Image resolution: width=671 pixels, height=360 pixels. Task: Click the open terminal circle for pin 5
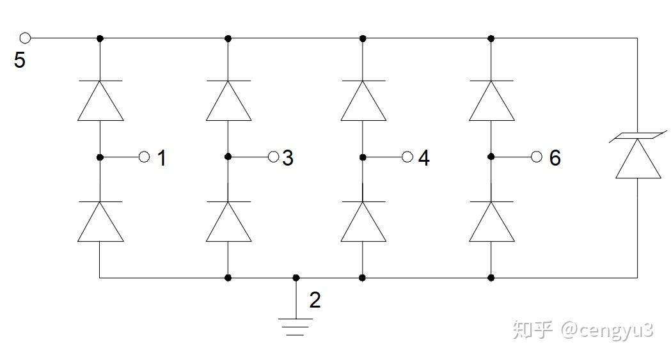pos(26,38)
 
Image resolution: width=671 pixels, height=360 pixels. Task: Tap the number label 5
pos(20,61)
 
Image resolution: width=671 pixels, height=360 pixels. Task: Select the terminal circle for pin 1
pos(144,157)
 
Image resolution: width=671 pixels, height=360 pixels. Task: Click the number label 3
pos(288,158)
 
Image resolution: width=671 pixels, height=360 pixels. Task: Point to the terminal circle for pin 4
pos(407,157)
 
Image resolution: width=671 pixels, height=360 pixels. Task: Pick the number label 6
pos(555,158)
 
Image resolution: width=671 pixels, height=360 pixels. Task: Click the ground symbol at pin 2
pos(296,326)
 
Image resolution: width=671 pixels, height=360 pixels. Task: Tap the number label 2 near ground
pos(315,300)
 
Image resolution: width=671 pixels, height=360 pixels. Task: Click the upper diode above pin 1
pos(100,100)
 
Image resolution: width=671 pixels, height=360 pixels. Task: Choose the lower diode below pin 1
pos(100,221)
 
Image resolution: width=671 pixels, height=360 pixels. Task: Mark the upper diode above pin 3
pos(228,100)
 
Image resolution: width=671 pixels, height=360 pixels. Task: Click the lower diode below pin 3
pos(228,221)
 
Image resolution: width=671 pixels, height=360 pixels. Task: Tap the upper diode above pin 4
pos(363,100)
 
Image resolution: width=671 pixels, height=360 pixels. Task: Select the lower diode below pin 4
pos(363,221)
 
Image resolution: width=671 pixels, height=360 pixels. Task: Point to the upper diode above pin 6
pos(491,100)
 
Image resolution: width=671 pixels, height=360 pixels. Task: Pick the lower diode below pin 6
pos(491,221)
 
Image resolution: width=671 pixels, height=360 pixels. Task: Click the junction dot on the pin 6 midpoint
pos(491,157)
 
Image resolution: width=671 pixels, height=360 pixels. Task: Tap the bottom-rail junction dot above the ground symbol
pos(296,278)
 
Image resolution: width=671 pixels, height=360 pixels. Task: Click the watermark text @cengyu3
pos(607,330)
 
